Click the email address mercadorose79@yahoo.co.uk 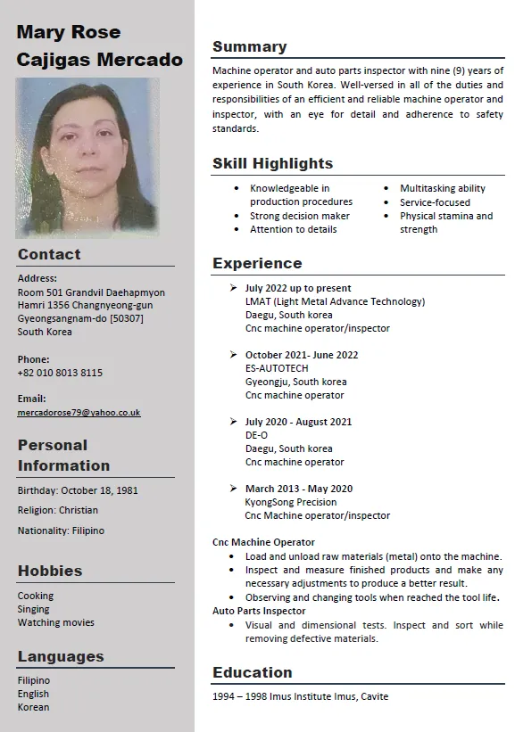pyautogui.click(x=79, y=413)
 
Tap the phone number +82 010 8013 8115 pyautogui.click(x=60, y=373)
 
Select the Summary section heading pyautogui.click(x=249, y=47)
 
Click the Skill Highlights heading pyautogui.click(x=272, y=163)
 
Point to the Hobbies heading pyautogui.click(x=50, y=571)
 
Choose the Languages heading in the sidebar pyautogui.click(x=61, y=656)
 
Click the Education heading pyautogui.click(x=253, y=672)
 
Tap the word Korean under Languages pyautogui.click(x=34, y=707)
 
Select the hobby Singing pyautogui.click(x=34, y=609)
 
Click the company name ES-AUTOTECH pyautogui.click(x=277, y=368)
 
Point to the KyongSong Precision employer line pyautogui.click(x=290, y=502)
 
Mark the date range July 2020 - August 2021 pyautogui.click(x=298, y=422)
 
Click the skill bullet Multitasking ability pyautogui.click(x=443, y=188)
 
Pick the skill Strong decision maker pyautogui.click(x=300, y=216)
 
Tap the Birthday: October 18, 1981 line pyautogui.click(x=78, y=490)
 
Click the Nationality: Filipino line pyautogui.click(x=61, y=530)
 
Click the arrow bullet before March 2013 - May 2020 pyautogui.click(x=233, y=488)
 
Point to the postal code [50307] pyautogui.click(x=126, y=318)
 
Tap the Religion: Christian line pyautogui.click(x=58, y=510)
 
